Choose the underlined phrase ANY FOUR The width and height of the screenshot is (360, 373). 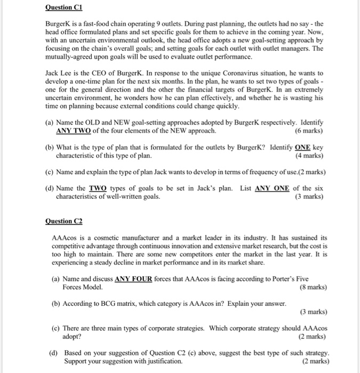(x=133, y=278)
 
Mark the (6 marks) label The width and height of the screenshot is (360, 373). (x=309, y=131)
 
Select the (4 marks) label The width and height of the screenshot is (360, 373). (x=309, y=156)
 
